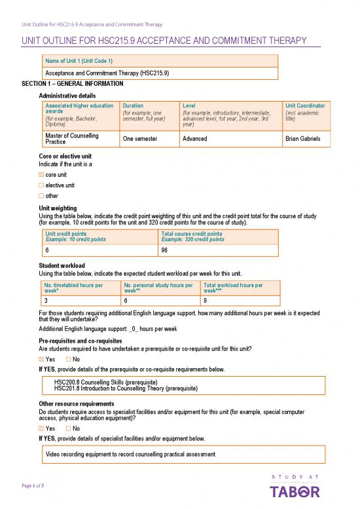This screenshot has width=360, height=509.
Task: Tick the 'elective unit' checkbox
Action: [x=42, y=186]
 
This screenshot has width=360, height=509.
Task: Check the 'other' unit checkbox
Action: [x=42, y=195]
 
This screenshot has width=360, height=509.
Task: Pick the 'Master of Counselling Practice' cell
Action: [x=71, y=139]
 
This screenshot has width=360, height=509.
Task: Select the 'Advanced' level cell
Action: [x=194, y=139]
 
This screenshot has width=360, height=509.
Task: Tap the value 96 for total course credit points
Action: [x=164, y=250]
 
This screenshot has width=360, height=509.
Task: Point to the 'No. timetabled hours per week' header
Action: [x=73, y=288]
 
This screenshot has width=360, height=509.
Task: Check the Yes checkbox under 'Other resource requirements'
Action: [x=42, y=428]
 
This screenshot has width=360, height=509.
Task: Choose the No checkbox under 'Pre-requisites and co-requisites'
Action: [x=69, y=359]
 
